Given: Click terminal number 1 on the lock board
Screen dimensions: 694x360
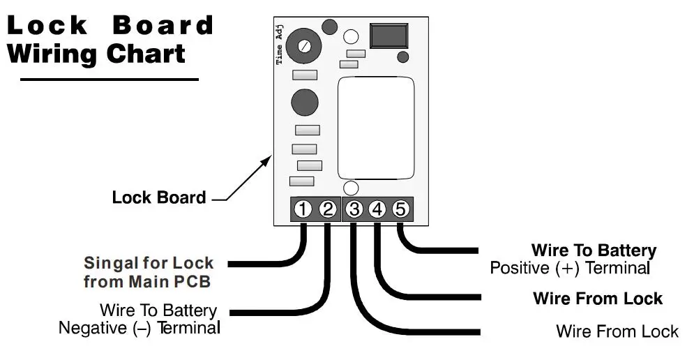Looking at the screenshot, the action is pos(303,209).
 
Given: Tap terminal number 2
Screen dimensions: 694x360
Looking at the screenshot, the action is pos(328,209).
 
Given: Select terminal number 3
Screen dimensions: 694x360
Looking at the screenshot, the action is pos(354,209).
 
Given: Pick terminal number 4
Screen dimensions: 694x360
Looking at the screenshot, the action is pos(377,209).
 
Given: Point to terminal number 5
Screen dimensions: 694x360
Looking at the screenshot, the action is pos(400,209).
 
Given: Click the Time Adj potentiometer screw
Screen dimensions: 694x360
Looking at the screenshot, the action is pos(304,46).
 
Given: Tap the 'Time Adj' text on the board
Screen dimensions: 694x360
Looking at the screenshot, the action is pos(279,45).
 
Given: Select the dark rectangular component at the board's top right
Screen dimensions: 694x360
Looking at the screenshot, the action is pos(389,36).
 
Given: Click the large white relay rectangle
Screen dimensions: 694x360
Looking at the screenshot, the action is pos(376,128).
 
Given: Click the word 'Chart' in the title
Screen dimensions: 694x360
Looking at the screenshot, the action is pos(146,54).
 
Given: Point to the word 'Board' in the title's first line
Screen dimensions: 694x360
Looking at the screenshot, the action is pos(163,25).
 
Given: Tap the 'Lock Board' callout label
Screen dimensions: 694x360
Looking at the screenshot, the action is pos(159,197).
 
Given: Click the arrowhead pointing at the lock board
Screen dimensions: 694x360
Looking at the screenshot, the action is pos(267,158).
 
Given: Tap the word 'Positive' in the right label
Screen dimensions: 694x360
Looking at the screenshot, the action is pos(519,268).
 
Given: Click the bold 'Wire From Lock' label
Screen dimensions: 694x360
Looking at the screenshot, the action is pos(598,299).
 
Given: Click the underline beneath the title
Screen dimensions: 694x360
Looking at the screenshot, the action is pos(110,80).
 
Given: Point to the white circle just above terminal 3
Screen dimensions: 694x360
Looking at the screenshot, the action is pos(351,188).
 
